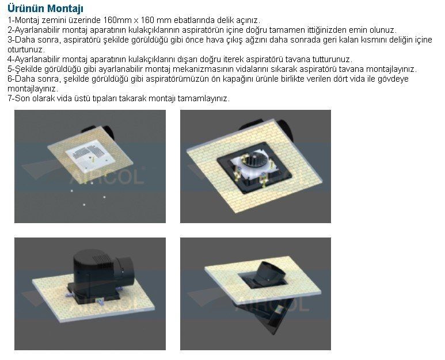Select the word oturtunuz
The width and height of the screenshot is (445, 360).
26,49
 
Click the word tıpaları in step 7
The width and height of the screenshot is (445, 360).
104,98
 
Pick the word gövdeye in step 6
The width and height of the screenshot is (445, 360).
393,79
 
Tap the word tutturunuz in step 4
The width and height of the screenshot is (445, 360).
332,60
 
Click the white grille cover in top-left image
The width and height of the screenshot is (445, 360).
90,156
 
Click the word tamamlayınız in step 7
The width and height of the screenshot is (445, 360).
203,99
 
